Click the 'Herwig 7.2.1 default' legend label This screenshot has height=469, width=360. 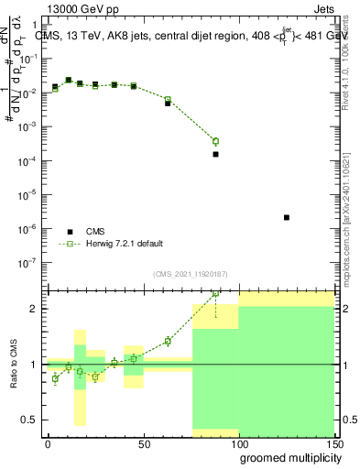coord(125,244)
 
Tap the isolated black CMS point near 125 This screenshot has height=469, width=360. coord(287,218)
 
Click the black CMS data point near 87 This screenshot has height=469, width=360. coord(215,154)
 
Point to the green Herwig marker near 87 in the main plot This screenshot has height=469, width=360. coord(215,141)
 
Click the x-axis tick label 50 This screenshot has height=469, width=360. coord(142,444)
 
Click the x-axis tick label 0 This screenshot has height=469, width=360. coord(48,444)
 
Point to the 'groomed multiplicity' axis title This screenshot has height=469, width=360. coord(284,459)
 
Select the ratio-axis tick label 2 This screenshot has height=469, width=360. coord(35,309)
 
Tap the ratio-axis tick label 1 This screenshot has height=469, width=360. coord(35,365)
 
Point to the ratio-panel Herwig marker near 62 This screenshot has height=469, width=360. coord(168,342)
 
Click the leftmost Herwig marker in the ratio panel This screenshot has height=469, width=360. coord(55,378)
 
